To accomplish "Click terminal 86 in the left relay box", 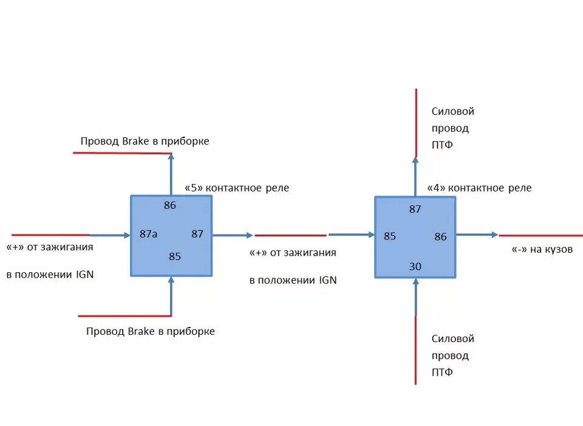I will pyautogui.click(x=169, y=205).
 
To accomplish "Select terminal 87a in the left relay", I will pyautogui.click(x=148, y=234).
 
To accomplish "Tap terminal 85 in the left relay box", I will pyautogui.click(x=175, y=256).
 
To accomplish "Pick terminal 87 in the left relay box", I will pyautogui.click(x=197, y=234).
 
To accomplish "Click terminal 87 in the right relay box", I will pyautogui.click(x=415, y=209).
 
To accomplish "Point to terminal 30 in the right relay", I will pyautogui.click(x=415, y=266).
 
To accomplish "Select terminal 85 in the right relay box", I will pyautogui.click(x=390, y=236).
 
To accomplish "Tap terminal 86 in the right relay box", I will pyautogui.click(x=440, y=237).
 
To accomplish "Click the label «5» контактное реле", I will pyautogui.click(x=237, y=188).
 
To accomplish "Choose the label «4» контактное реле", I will pyautogui.click(x=479, y=188).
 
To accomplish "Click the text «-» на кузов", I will pyautogui.click(x=539, y=249).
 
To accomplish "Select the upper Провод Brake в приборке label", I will pyautogui.click(x=145, y=141).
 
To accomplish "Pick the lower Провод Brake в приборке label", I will pyautogui.click(x=151, y=332).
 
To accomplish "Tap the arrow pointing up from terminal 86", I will pyautogui.click(x=171, y=173).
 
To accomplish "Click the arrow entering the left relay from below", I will pyautogui.click(x=171, y=296).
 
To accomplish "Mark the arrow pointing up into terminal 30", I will pyautogui.click(x=415, y=298).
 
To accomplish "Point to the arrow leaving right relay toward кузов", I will pyautogui.click(x=477, y=235).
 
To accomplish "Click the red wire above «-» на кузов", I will pyautogui.click(x=540, y=235).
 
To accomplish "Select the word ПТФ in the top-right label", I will pyautogui.click(x=442, y=145).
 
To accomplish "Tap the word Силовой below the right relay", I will pyautogui.click(x=452, y=338).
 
